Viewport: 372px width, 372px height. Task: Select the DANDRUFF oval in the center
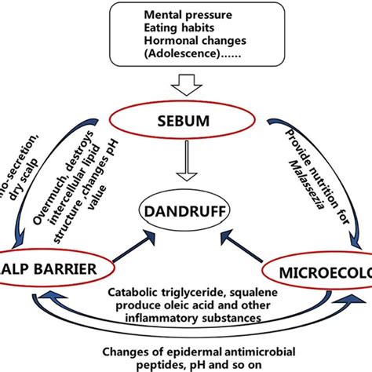point(184,211)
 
